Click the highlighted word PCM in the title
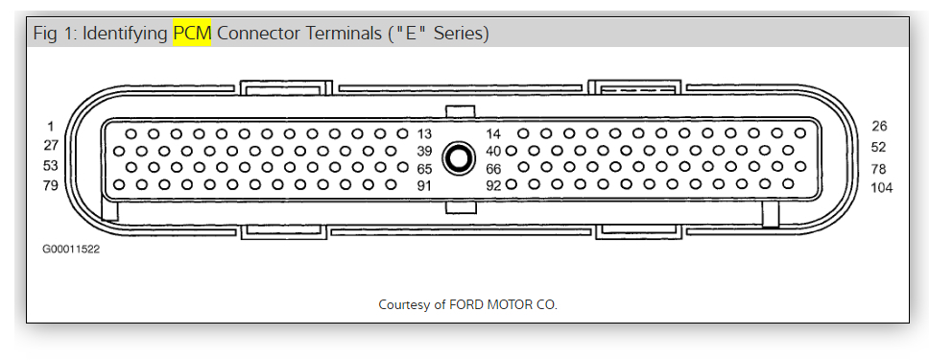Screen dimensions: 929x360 click(x=192, y=34)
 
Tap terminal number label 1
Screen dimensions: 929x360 click(x=50, y=126)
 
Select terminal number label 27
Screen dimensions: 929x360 click(x=50, y=145)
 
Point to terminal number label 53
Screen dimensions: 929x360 click(x=50, y=165)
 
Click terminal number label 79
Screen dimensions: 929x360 click(x=50, y=185)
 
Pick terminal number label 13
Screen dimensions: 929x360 click(x=424, y=133)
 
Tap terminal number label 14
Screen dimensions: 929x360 click(x=493, y=133)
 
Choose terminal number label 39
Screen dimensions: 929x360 click(x=424, y=152)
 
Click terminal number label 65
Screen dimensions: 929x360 click(x=424, y=169)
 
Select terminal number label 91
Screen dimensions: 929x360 click(x=424, y=186)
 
